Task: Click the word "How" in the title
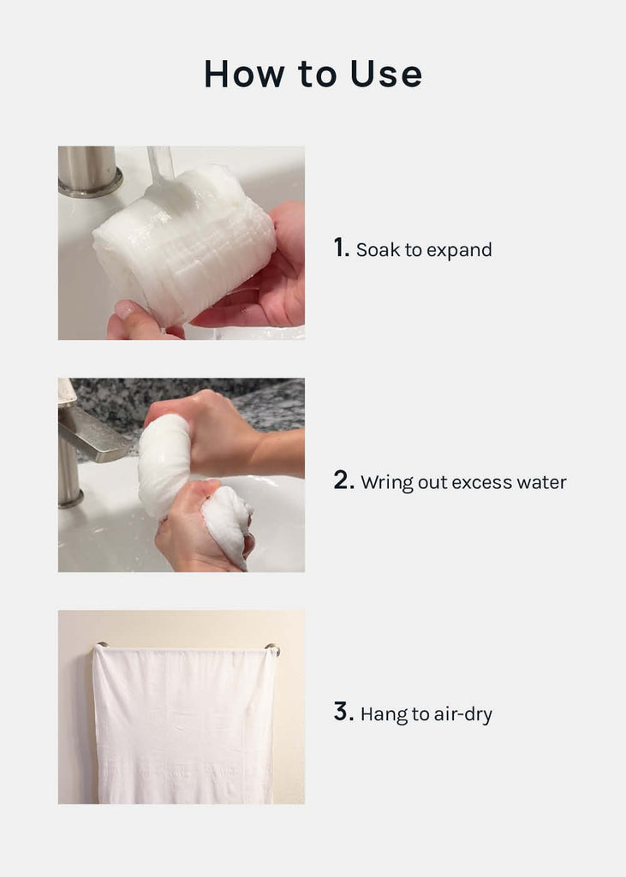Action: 244,74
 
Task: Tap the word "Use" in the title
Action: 386,74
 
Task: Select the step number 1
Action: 341,248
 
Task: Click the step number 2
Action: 343,480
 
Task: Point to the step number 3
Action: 343,712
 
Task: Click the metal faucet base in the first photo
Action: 90,171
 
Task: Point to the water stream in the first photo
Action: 160,165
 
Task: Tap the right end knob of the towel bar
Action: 273,649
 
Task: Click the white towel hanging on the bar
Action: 184,725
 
